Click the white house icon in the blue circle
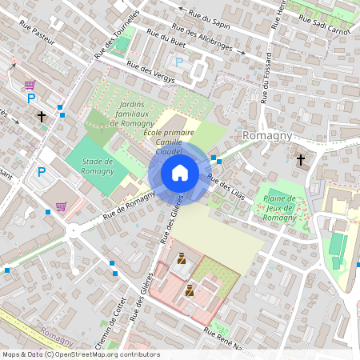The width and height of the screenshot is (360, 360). pos(180,173)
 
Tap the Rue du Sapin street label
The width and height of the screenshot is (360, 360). pos(210,18)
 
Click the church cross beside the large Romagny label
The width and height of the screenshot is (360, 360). pos(301,159)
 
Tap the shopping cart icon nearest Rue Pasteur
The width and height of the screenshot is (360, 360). pos(30,85)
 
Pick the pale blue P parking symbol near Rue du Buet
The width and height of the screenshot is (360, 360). pos(179,62)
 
